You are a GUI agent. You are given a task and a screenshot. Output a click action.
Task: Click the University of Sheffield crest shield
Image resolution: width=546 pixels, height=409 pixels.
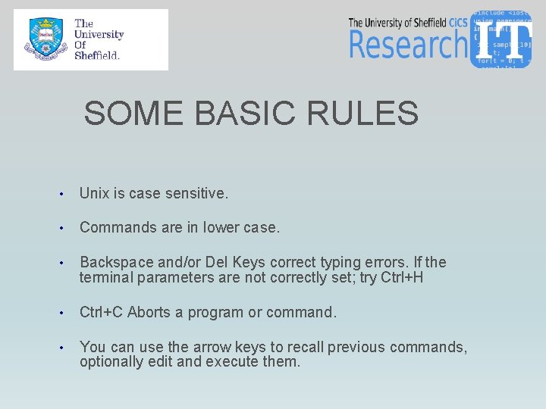pos(45,40)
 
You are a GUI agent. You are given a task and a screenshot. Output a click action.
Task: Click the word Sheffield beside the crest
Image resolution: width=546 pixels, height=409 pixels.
pos(97,55)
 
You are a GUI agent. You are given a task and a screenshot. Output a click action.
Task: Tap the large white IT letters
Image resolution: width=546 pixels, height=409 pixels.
pos(504,40)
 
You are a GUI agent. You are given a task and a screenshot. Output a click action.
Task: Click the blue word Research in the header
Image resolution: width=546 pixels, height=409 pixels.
pos(408,45)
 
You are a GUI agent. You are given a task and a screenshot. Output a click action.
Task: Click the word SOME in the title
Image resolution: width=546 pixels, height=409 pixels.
pos(133,114)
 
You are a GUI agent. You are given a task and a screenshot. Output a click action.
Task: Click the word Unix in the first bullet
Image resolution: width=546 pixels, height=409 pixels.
pos(94,194)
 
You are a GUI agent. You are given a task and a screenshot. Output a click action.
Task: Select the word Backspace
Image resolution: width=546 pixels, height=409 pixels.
pos(116,263)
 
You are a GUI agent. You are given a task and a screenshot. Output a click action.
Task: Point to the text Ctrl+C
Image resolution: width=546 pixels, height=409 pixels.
pos(102,313)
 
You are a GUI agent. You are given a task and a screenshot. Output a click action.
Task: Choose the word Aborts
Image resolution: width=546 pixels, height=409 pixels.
pos(151,313)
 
